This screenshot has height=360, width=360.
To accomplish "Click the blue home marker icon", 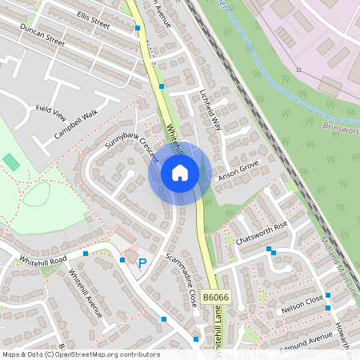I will click(180, 172).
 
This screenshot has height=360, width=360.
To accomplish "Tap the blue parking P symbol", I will click(142, 262).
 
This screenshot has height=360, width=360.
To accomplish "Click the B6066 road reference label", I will click(214, 297).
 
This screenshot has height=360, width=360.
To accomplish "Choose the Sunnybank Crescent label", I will click(132, 145).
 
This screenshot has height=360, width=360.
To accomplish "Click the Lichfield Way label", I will click(210, 111).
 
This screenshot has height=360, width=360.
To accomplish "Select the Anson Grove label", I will click(239, 167).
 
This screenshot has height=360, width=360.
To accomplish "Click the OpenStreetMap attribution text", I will click(81, 354).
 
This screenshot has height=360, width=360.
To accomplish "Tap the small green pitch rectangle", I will click(11, 162).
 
